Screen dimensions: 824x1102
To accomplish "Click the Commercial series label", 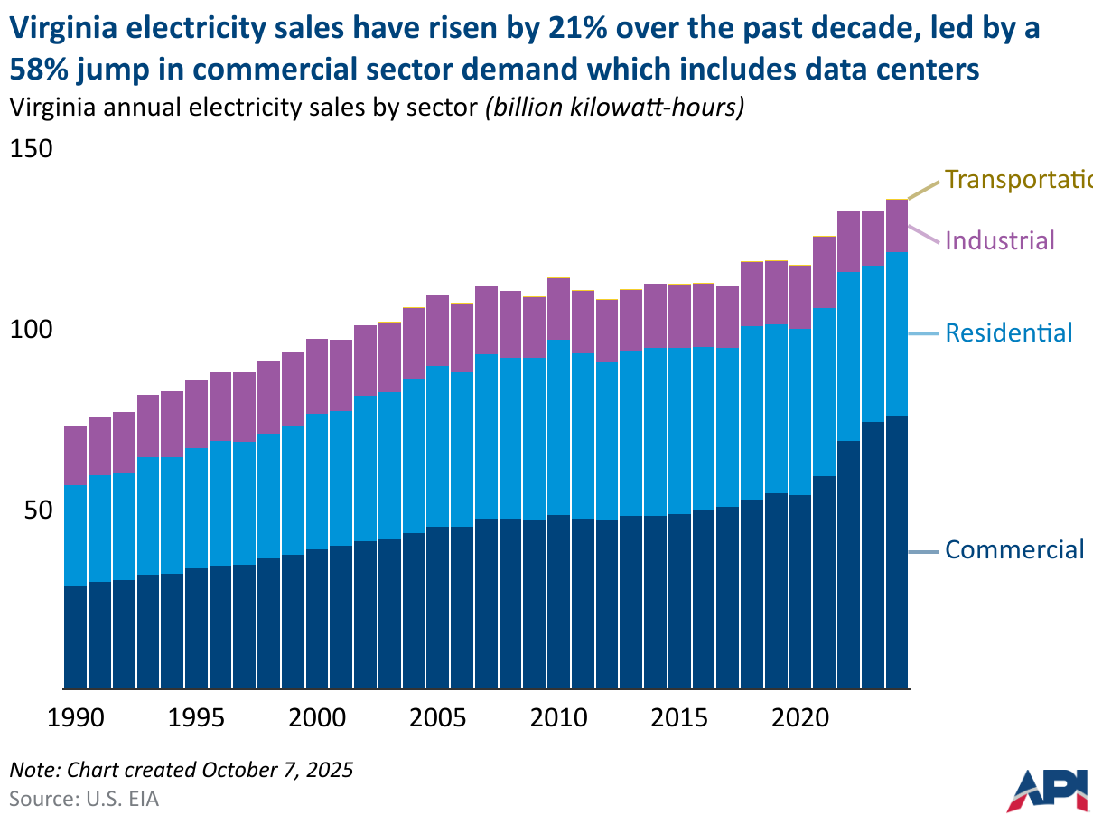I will click(x=1013, y=549).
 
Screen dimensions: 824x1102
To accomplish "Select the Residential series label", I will click(x=1008, y=332).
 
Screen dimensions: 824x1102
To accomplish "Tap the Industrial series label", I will click(x=999, y=240).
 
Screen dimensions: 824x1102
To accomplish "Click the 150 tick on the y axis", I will click(x=32, y=148).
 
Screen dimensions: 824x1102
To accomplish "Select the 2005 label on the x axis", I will click(x=438, y=719).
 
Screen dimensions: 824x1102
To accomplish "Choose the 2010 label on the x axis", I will click(x=558, y=719).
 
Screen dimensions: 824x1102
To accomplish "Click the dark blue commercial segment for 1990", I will click(x=75, y=637).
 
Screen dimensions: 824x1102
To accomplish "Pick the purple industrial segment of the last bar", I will click(x=896, y=226).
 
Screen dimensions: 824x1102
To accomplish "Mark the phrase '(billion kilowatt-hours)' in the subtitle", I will click(x=614, y=108).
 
